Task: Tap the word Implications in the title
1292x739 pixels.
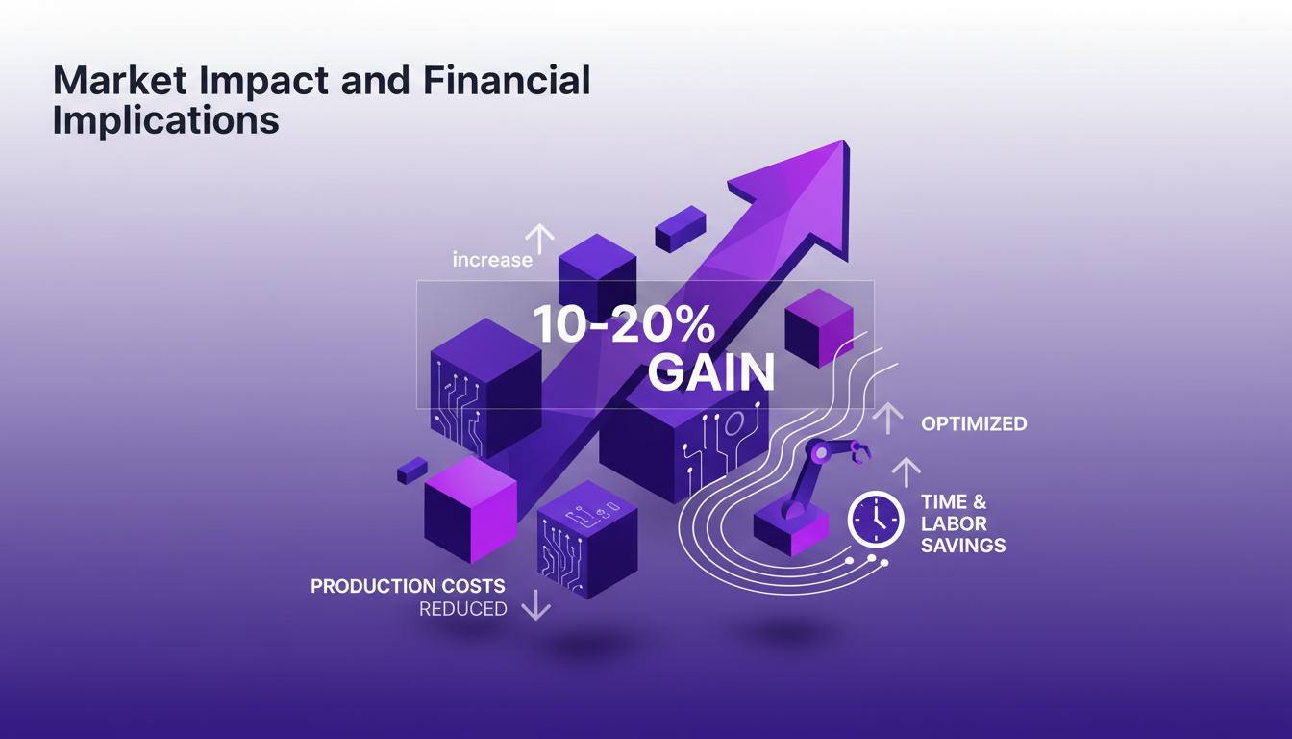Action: [165, 121]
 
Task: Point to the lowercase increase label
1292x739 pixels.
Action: [492, 260]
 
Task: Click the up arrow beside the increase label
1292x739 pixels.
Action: [539, 239]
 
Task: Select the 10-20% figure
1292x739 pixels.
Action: [623, 327]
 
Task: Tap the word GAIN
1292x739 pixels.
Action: [710, 372]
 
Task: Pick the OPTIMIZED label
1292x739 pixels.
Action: [973, 424]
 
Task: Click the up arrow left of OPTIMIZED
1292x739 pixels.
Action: [887, 418]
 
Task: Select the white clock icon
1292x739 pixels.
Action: [875, 521]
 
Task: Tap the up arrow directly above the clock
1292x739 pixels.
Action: [906, 471]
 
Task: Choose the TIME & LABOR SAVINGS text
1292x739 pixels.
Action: [962, 523]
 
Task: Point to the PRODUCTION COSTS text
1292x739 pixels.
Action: [408, 586]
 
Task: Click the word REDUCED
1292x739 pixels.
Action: [462, 609]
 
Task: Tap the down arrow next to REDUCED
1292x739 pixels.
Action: [535, 605]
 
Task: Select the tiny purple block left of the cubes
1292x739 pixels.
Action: [411, 470]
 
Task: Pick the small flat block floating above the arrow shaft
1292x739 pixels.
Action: [681, 228]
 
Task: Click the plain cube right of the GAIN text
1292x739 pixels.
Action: [819, 327]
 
